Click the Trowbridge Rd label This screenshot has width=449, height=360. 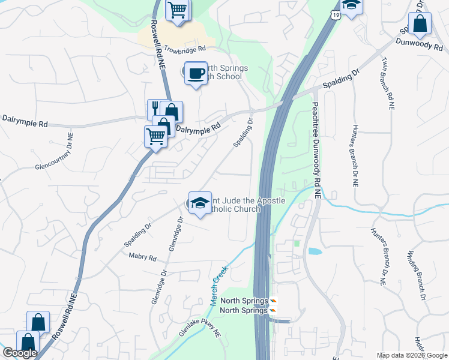point(185,49)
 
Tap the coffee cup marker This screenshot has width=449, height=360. point(195,74)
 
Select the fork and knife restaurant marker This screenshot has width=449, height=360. point(156,109)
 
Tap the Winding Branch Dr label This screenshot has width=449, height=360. point(418,275)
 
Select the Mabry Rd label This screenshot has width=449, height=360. point(142,257)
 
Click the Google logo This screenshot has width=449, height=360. point(19,353)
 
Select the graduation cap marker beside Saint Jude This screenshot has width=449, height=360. point(200,203)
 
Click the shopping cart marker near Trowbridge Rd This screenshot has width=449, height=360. point(178,10)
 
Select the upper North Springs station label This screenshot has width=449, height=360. point(244,301)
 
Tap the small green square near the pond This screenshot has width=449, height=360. point(296,244)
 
